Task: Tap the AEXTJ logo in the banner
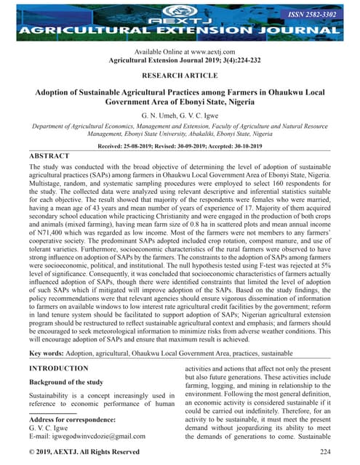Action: pyautogui.click(x=180, y=14)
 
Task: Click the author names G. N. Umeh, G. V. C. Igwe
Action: pyautogui.click(x=180, y=116)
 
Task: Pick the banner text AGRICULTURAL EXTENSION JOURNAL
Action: pyautogui.click(x=180, y=32)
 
